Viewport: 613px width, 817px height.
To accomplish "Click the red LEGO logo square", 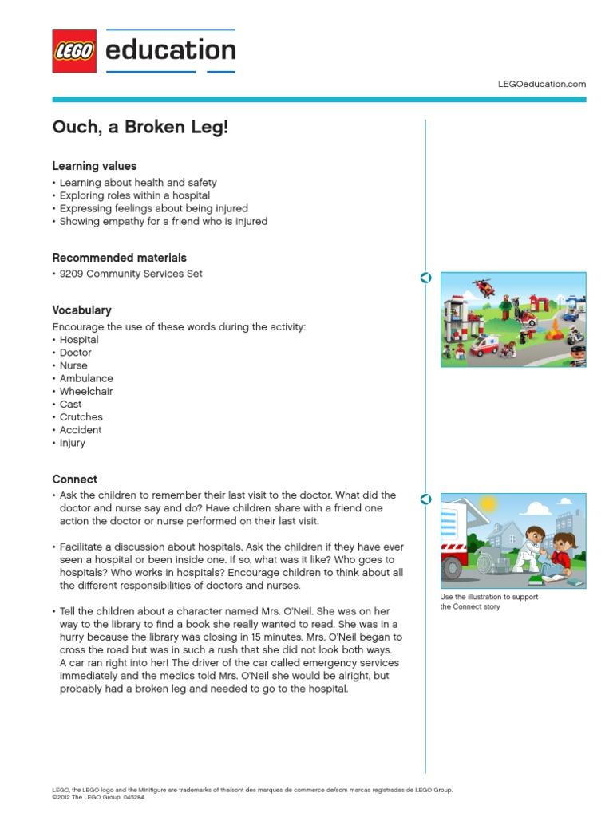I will tap(74, 51).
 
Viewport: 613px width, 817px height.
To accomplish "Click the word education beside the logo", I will tap(170, 50).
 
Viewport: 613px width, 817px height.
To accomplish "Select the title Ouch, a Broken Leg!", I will tap(140, 128).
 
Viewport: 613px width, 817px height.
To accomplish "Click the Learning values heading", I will tap(94, 166).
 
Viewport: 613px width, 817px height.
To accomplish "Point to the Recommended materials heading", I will tap(119, 258).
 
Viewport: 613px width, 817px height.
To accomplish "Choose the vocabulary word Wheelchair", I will tap(86, 391).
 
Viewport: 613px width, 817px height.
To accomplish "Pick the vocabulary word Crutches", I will tap(81, 417).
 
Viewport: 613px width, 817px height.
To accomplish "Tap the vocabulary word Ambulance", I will tap(86, 378).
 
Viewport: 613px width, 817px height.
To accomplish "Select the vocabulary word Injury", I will tap(72, 443).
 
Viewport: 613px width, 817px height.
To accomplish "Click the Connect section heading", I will tap(74, 480).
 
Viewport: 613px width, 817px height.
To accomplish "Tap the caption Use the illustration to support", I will tap(488, 597).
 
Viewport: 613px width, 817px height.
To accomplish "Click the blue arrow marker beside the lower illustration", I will tap(425, 499).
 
